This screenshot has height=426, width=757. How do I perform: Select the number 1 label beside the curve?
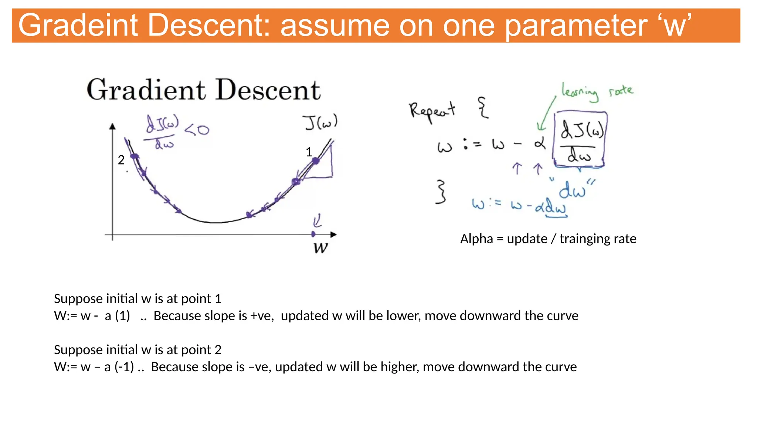(309, 152)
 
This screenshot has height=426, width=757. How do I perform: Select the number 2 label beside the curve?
(121, 160)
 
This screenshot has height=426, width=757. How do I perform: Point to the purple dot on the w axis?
(313, 234)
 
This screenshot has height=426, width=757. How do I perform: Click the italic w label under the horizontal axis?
(320, 247)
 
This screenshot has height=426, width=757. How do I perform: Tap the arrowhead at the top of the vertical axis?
(112, 126)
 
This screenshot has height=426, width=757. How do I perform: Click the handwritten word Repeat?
(432, 110)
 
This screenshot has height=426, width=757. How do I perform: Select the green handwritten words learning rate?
(597, 91)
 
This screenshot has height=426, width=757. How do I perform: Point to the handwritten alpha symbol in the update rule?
(540, 143)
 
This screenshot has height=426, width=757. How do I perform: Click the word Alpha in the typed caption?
(476, 239)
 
